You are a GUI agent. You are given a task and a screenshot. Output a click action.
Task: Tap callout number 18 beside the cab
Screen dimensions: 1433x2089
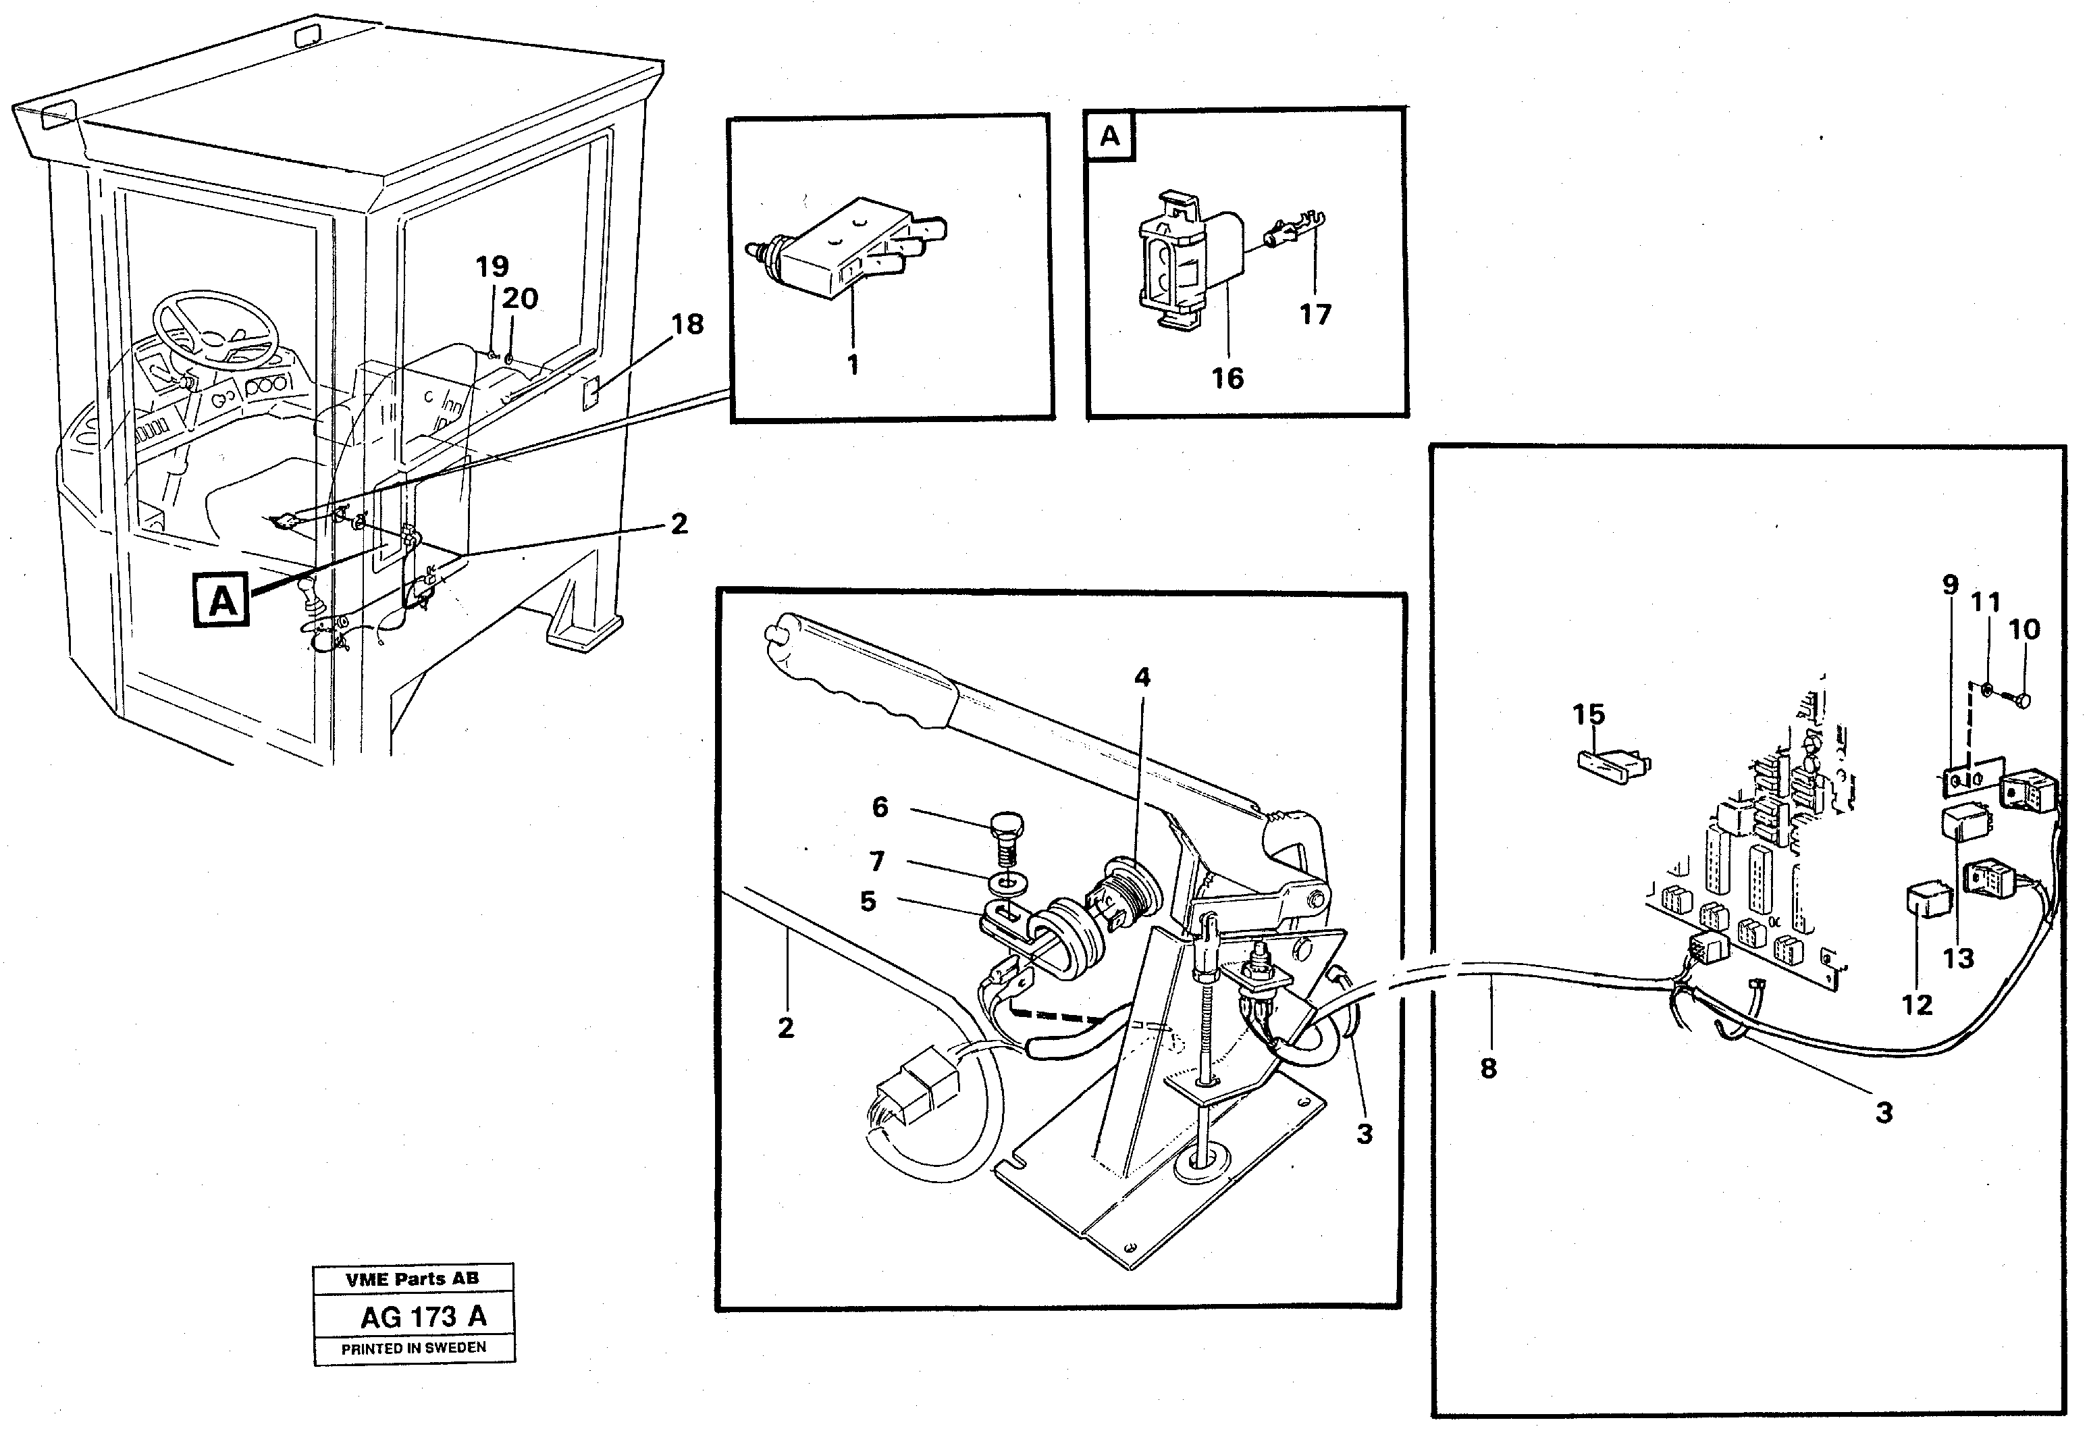687,325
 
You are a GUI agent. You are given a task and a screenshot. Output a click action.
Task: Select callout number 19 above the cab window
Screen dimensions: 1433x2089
492,266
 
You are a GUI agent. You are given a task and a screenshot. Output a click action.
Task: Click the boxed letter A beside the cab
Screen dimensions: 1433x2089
222,600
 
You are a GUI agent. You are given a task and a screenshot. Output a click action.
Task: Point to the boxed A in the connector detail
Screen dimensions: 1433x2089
1110,136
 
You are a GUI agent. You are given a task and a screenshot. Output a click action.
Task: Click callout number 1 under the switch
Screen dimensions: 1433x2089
852,365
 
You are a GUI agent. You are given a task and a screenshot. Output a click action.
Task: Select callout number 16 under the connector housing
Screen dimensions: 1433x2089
1227,378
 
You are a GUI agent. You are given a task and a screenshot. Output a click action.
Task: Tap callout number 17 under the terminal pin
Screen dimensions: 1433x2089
1314,315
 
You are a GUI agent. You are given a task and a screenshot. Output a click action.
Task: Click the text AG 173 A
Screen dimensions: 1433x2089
423,1317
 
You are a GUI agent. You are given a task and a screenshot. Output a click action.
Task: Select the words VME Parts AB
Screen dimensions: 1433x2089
413,1278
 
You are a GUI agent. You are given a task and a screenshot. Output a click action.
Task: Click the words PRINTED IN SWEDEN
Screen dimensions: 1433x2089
413,1348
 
